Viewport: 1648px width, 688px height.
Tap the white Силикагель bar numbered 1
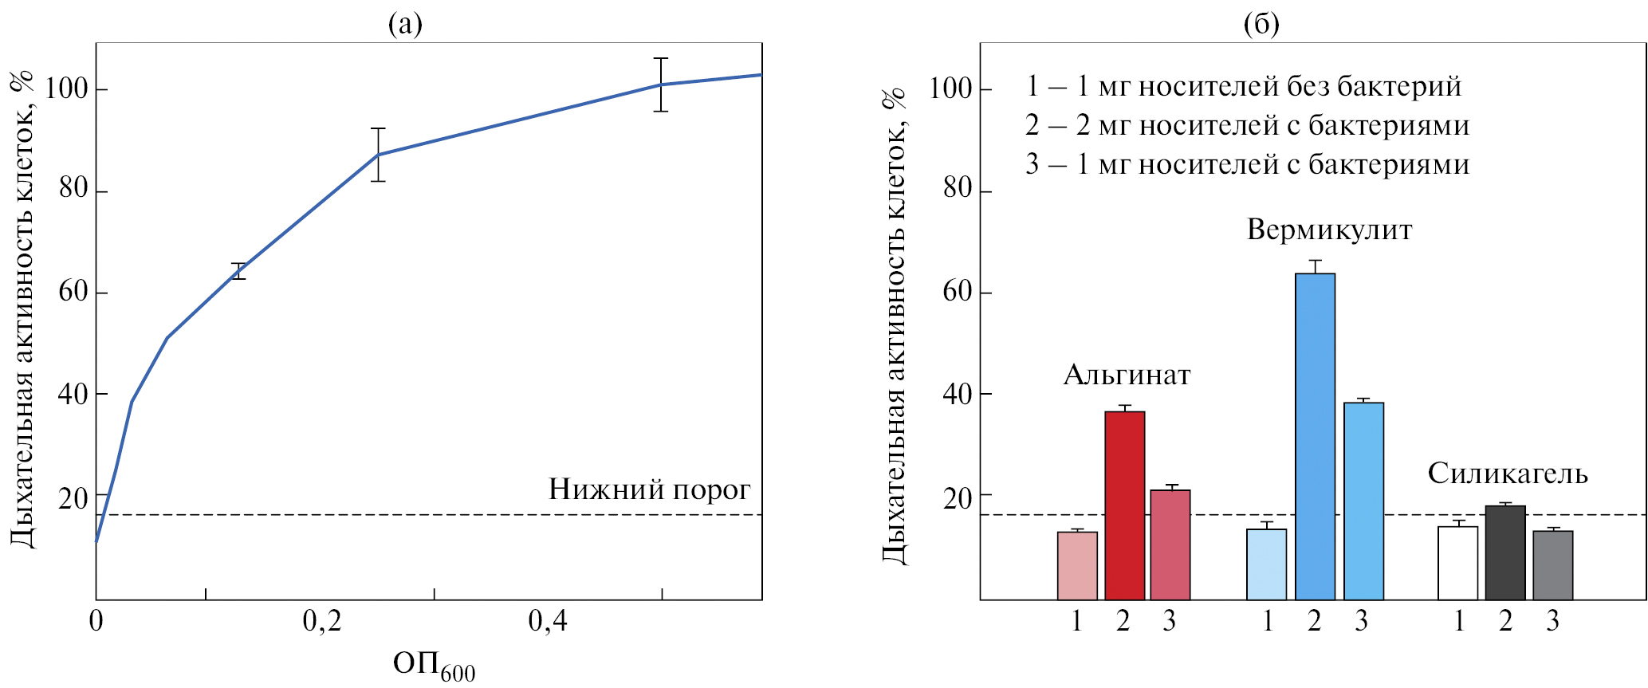[x=1457, y=563]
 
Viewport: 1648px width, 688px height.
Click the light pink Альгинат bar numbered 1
[x=1077, y=565]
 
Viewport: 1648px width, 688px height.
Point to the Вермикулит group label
[x=1329, y=230]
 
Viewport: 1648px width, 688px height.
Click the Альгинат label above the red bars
[x=1127, y=375]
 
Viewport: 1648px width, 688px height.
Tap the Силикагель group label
[x=1507, y=474]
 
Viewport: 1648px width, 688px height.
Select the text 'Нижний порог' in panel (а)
[x=649, y=489]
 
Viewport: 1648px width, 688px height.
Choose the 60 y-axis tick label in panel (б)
[x=957, y=292]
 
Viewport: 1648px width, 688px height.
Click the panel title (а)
[x=405, y=24]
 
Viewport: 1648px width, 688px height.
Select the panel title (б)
[x=1261, y=24]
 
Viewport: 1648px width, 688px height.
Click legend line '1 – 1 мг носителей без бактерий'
[x=1243, y=86]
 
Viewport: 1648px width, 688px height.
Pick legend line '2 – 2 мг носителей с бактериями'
[x=1247, y=125]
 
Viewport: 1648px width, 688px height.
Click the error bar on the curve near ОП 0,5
[x=661, y=84]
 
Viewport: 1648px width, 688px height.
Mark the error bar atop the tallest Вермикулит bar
[x=1315, y=266]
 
